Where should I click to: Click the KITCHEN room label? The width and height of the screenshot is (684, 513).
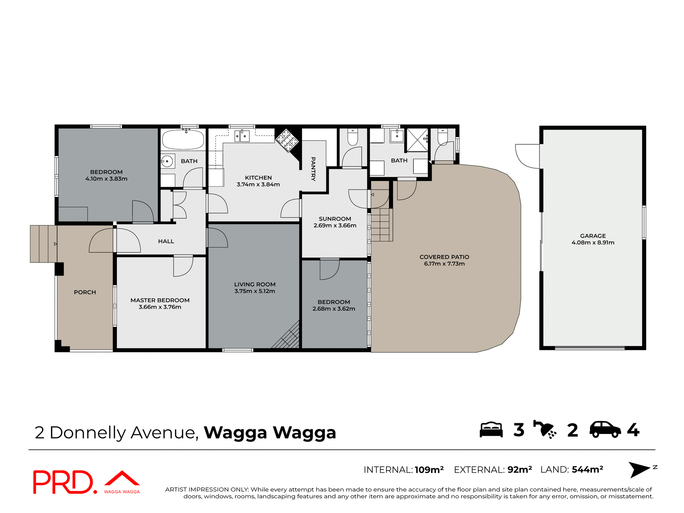(258, 177)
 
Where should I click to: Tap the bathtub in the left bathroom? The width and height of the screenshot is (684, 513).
(183, 139)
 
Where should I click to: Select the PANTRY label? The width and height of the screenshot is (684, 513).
(313, 169)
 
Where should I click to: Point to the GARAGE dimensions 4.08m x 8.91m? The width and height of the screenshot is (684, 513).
(593, 243)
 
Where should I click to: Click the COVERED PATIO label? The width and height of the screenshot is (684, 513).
(444, 257)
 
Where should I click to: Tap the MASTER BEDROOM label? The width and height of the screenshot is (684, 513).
(160, 300)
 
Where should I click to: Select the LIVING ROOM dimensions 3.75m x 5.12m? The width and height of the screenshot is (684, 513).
(254, 291)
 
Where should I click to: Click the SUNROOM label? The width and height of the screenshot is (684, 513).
(335, 219)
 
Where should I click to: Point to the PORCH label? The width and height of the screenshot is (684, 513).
(85, 292)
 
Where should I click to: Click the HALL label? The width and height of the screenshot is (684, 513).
(166, 241)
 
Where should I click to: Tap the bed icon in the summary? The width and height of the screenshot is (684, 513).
(491, 430)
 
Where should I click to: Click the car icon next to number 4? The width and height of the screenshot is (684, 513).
(605, 430)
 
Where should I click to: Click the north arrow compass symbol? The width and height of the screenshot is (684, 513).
(640, 470)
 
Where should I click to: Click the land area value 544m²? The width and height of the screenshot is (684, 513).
(587, 470)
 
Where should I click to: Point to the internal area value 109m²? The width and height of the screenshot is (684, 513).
(429, 470)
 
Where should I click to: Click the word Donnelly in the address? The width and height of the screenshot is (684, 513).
(88, 432)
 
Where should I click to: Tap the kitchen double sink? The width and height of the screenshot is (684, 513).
(242, 136)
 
